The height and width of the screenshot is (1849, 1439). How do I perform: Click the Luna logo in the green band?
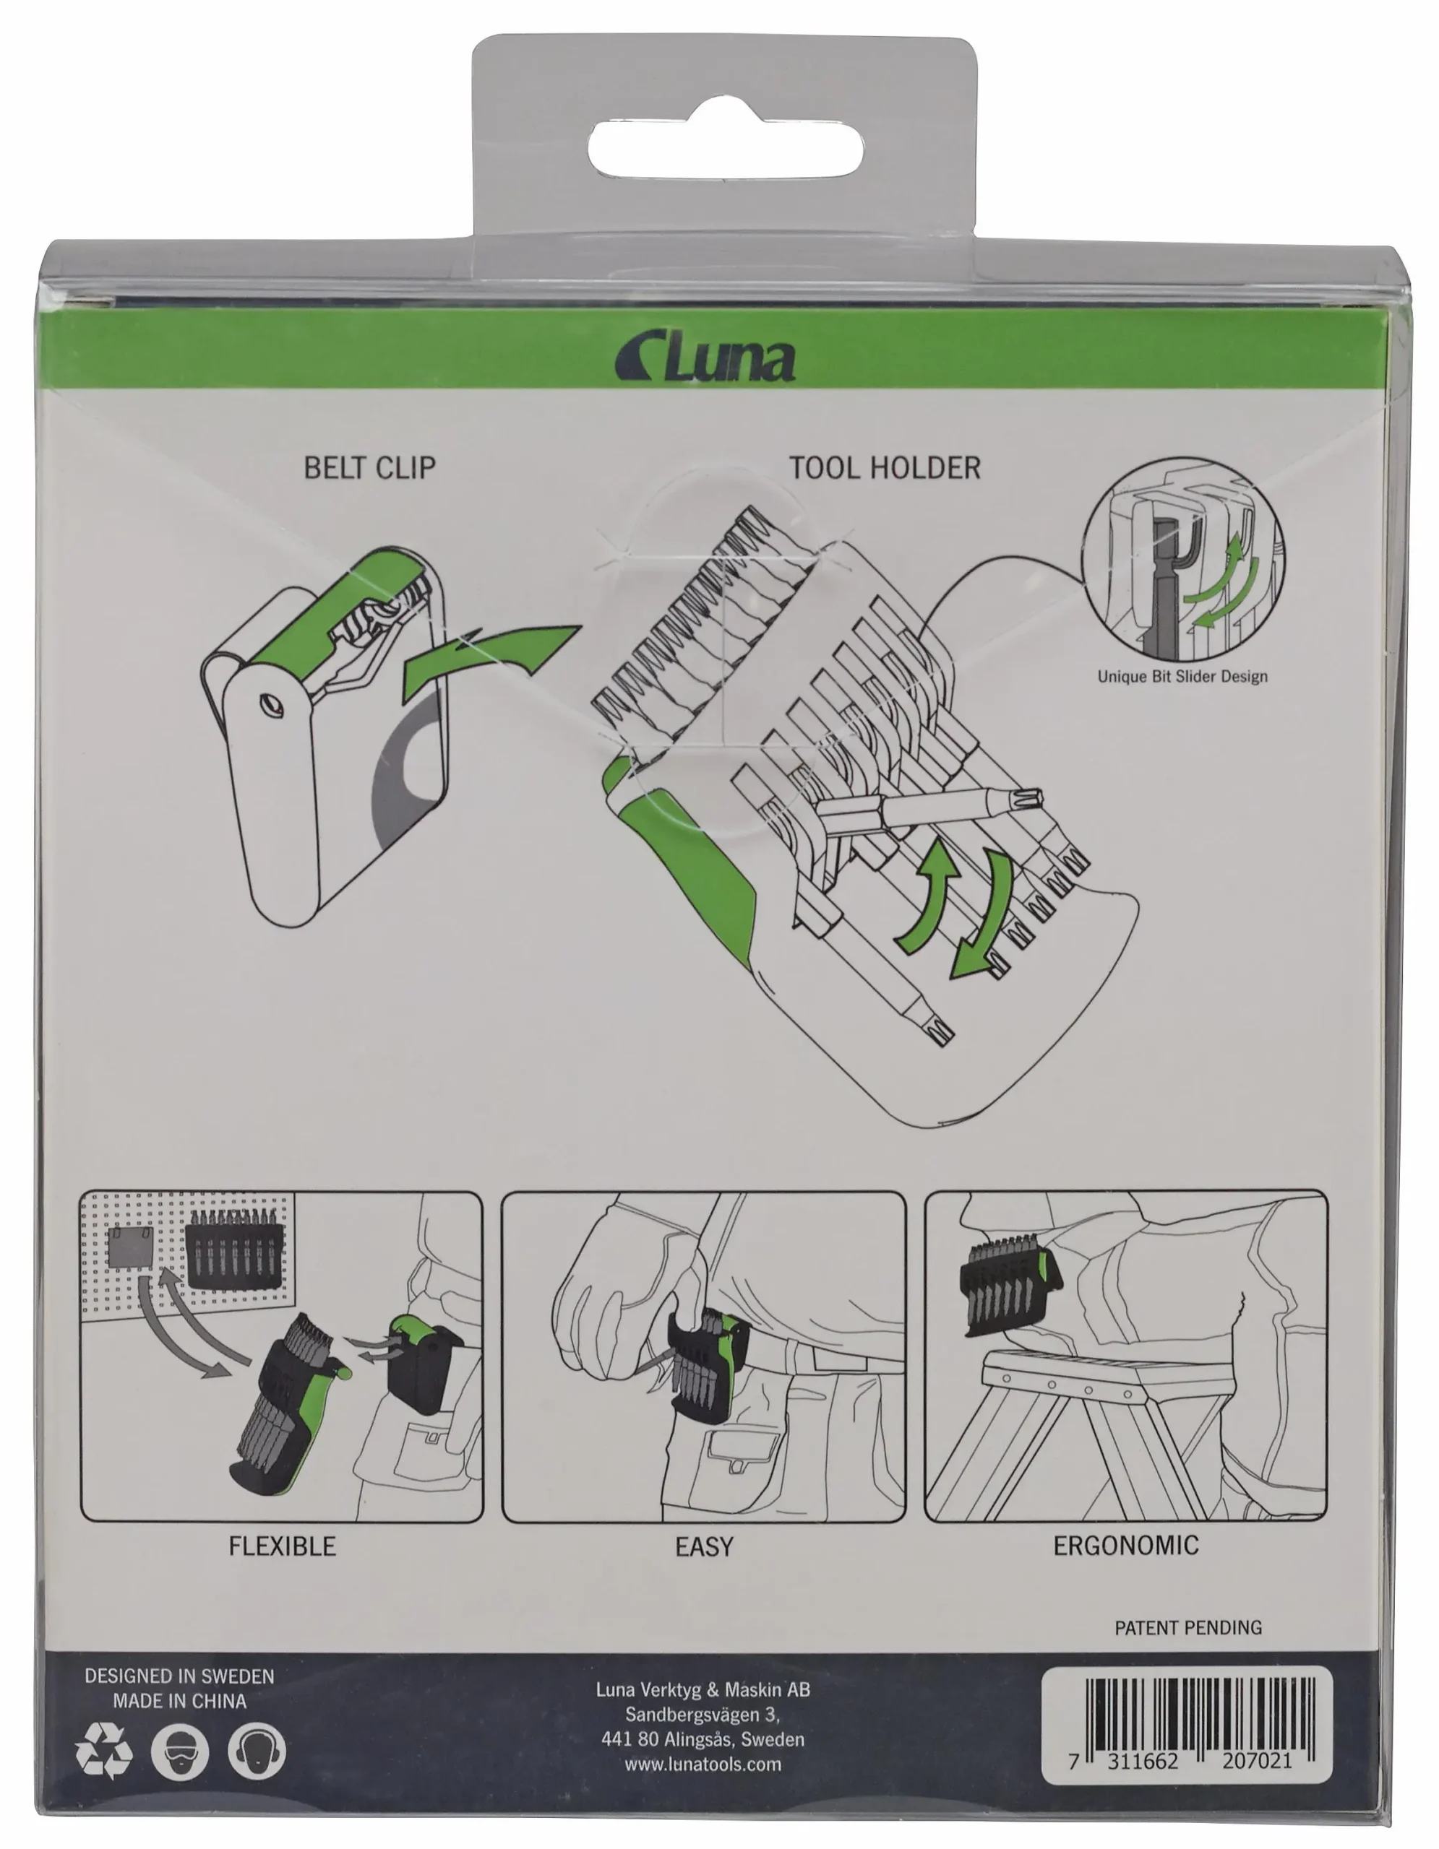705,358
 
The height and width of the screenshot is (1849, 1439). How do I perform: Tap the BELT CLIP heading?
369,467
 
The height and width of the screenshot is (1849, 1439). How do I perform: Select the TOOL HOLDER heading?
885,467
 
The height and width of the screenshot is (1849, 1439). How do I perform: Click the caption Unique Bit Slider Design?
1182,677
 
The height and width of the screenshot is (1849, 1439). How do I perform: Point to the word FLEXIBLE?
282,1547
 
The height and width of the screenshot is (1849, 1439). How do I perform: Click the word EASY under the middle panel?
704,1548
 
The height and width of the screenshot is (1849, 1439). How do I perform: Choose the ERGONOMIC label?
1125,1546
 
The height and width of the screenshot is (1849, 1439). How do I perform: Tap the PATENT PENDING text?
1188,1627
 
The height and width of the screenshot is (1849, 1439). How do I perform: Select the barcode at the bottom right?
1186,1725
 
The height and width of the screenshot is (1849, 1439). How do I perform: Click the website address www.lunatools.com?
703,1764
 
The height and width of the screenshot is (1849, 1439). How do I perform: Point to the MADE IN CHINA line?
179,1701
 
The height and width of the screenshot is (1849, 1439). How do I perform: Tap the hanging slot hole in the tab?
726,150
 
